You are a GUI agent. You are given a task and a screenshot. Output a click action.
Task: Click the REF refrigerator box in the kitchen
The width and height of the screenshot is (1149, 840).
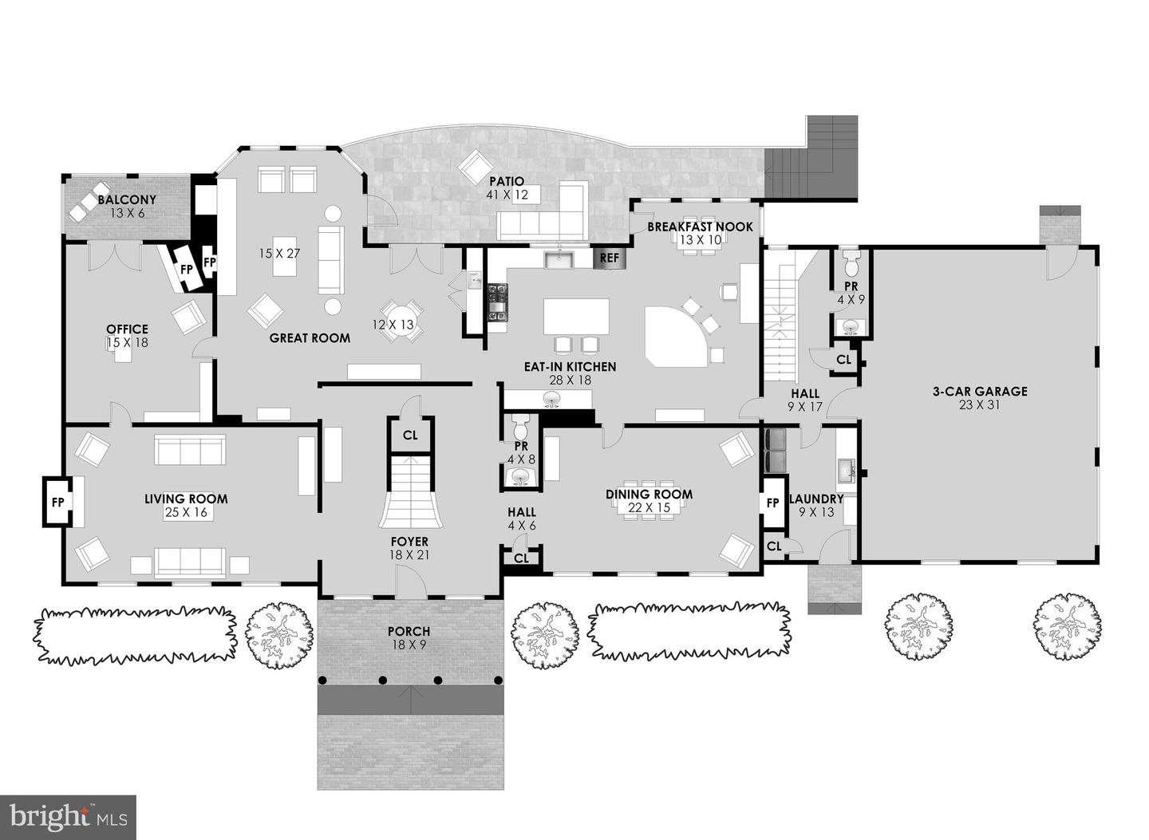click(x=610, y=258)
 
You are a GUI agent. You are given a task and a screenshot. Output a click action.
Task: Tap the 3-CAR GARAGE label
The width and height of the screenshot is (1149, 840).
click(x=980, y=391)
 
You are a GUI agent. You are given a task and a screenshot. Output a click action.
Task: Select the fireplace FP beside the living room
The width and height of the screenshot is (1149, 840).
click(x=57, y=503)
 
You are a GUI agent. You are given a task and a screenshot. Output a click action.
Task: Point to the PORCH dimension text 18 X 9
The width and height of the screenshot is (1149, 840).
click(x=410, y=645)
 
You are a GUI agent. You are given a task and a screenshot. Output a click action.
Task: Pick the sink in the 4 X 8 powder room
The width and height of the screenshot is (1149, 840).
click(x=521, y=477)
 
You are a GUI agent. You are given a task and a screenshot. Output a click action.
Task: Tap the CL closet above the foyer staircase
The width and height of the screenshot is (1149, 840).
click(x=410, y=436)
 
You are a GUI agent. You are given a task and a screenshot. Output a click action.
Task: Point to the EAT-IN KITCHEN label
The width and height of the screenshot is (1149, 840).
click(x=570, y=367)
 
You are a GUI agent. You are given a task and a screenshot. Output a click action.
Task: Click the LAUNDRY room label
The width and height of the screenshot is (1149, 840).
click(x=816, y=499)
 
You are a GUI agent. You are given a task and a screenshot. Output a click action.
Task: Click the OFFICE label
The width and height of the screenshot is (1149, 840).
click(x=127, y=329)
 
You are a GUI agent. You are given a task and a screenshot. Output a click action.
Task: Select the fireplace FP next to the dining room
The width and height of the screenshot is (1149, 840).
click(x=772, y=503)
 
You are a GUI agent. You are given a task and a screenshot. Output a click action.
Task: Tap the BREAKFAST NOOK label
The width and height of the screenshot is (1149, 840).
click(x=700, y=227)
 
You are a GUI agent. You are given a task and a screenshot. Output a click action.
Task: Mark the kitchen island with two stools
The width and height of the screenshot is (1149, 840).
click(x=576, y=316)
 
